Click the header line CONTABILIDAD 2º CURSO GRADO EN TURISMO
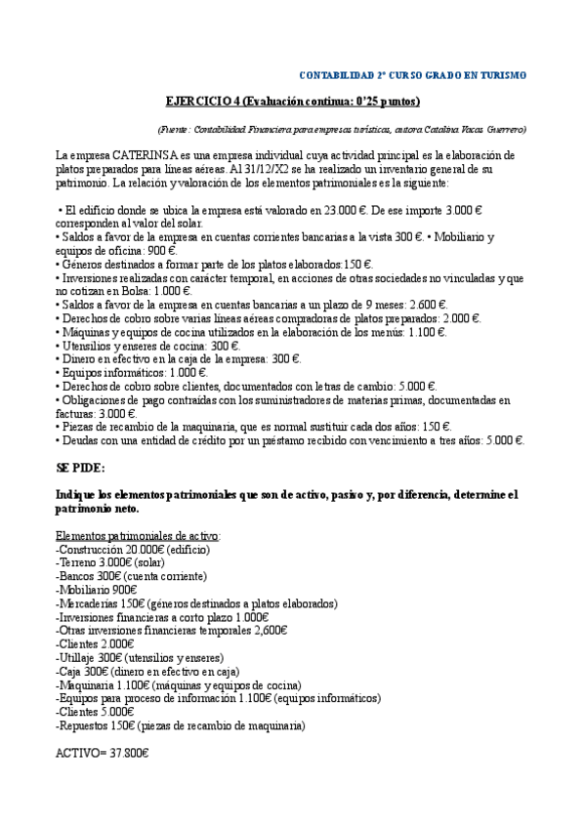[x=411, y=75]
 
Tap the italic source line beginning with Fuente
[x=342, y=129]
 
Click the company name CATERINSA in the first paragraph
[x=132, y=155]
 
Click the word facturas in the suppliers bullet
[x=78, y=414]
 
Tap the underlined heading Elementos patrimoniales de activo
[x=138, y=536]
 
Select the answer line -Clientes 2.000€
[x=96, y=644]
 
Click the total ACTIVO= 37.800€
[x=103, y=754]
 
